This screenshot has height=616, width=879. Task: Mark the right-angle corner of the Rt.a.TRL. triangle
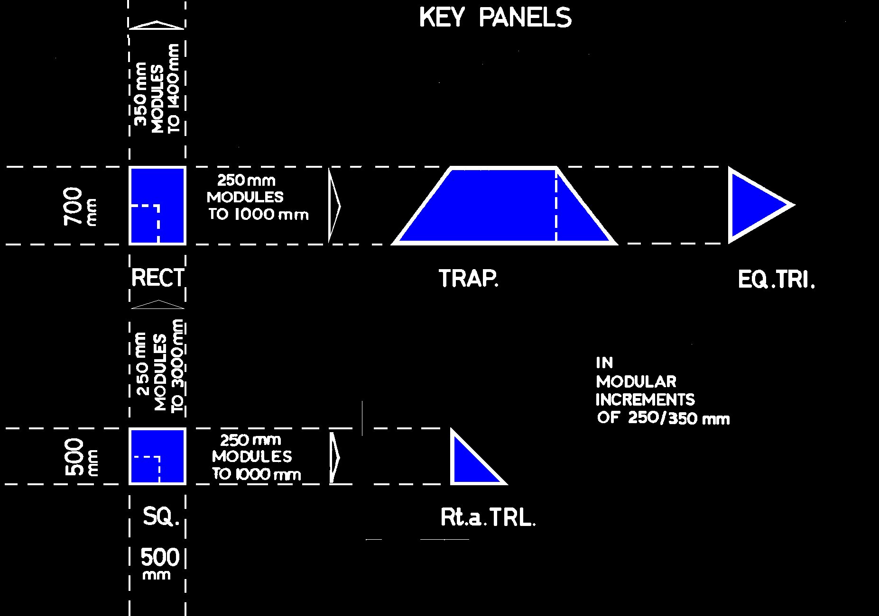pos(452,483)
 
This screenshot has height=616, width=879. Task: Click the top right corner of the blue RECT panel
pos(185,168)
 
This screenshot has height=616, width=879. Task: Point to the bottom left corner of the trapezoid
pos(393,244)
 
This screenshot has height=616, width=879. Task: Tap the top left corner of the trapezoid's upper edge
pos(451,168)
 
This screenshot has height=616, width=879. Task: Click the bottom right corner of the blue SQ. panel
pos(185,483)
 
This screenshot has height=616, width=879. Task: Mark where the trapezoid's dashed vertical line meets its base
pos(556,243)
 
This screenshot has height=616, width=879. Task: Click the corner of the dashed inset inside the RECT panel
pos(158,206)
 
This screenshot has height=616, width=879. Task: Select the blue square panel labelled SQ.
pos(157,456)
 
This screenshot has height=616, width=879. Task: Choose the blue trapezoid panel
pos(505,206)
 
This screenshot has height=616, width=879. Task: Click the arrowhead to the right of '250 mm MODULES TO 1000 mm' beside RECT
pos(334,206)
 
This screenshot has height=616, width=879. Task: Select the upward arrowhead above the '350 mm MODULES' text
pos(157,25)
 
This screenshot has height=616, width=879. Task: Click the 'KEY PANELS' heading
pos(495,18)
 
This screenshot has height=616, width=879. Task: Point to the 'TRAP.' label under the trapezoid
pos(469,279)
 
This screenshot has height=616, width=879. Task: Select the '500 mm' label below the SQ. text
pos(160,563)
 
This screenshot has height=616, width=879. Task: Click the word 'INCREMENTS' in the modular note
pos(645,400)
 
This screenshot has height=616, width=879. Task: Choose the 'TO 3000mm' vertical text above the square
pos(177,366)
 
